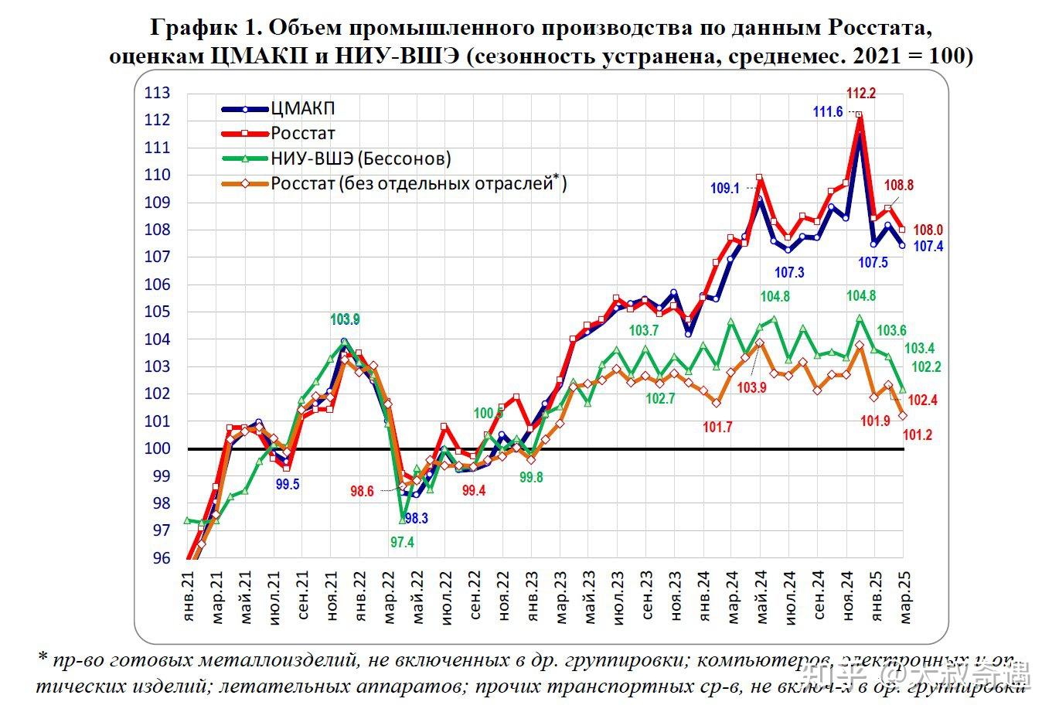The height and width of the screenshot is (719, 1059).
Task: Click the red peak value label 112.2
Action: [x=861, y=94]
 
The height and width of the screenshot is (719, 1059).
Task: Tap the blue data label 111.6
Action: [x=828, y=112]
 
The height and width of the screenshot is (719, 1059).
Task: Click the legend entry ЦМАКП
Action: [x=303, y=109]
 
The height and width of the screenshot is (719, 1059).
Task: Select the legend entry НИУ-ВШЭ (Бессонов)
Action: [x=360, y=158]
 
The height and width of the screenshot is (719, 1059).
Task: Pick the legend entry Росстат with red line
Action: [x=303, y=133]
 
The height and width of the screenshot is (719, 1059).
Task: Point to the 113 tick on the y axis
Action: [x=157, y=93]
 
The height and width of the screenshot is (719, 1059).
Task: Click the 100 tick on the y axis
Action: [x=157, y=448]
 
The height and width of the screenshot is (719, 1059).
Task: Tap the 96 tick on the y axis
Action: [x=161, y=558]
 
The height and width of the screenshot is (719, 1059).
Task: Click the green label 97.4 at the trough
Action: [x=402, y=543]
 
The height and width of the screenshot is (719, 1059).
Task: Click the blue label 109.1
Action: [x=725, y=188]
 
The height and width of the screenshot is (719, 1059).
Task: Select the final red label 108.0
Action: [x=928, y=230]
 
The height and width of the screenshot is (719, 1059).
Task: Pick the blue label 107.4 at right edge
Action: [x=928, y=247]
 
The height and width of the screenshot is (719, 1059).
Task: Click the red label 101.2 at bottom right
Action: [x=917, y=435]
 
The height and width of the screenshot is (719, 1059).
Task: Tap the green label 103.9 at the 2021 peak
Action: [x=345, y=319]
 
